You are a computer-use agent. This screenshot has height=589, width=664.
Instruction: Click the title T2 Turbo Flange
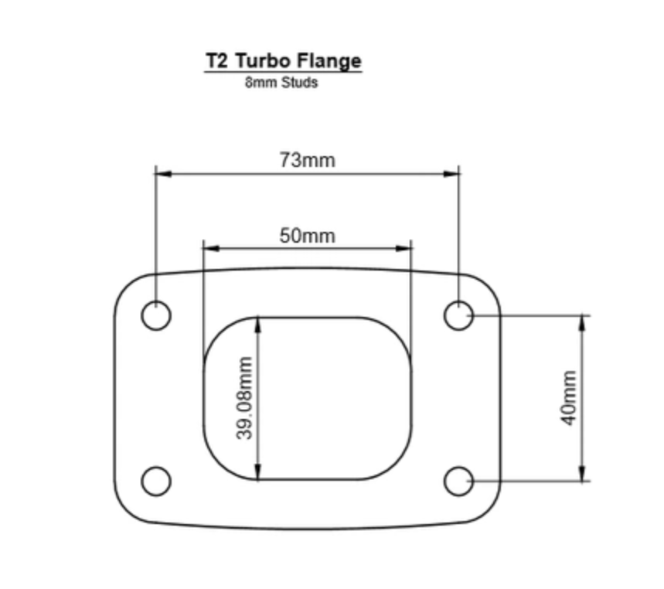[x=283, y=61]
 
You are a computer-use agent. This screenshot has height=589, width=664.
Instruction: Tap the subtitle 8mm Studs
[x=281, y=83]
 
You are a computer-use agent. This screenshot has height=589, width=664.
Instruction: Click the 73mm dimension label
[x=307, y=160]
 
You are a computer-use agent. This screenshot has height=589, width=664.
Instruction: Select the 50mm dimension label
[x=307, y=236]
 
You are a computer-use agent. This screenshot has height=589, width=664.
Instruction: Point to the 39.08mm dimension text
[x=245, y=398]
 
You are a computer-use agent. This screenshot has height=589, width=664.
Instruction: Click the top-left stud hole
[x=156, y=315]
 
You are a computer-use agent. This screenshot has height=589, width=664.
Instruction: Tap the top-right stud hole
[x=459, y=315]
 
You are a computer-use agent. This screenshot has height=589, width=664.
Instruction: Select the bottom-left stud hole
[x=156, y=481]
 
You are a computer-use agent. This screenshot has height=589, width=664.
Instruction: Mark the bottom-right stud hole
[x=459, y=481]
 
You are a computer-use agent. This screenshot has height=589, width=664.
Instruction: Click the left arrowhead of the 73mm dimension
[x=162, y=174]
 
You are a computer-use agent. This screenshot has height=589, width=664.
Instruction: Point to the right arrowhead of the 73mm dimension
[x=453, y=174]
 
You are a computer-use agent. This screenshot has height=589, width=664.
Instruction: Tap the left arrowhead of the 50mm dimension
[x=209, y=249]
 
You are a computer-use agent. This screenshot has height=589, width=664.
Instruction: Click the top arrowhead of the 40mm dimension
[x=583, y=322]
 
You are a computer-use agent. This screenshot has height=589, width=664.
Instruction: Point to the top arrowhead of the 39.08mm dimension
[x=258, y=323]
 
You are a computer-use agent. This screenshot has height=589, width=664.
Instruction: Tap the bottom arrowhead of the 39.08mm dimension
[x=258, y=473]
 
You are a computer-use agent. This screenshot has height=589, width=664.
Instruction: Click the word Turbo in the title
[x=264, y=61]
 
